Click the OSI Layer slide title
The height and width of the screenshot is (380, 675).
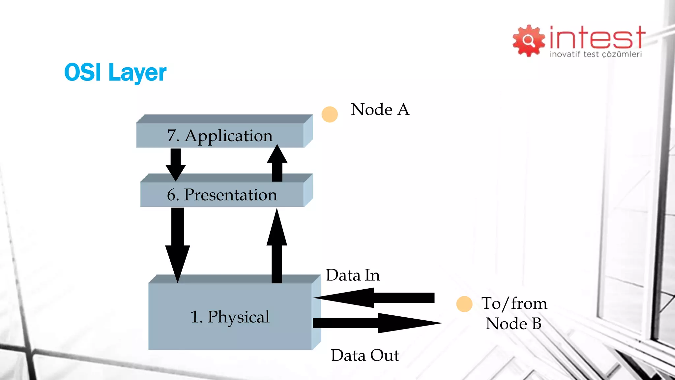coord(115,73)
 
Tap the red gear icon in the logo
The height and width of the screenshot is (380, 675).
coord(528,41)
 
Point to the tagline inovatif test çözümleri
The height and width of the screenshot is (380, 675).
coord(596,54)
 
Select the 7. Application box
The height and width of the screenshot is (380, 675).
coord(220,135)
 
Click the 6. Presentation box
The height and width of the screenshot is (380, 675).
coord(222,195)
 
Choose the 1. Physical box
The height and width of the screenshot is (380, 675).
coord(230,316)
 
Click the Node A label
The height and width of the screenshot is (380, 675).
coord(380,110)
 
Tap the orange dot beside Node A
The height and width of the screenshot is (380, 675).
coord(330,114)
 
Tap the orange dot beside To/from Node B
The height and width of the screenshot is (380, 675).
coord(464,304)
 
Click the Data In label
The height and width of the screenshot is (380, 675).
coord(353,275)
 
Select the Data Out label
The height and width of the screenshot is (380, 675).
coord(365,356)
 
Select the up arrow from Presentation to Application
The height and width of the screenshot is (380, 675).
coord(277,163)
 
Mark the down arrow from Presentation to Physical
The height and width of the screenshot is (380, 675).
coord(178,244)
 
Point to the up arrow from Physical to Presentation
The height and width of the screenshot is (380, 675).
coord(277,246)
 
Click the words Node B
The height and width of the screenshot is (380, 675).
coord(514,324)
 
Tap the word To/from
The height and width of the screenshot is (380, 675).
coord(514,303)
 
